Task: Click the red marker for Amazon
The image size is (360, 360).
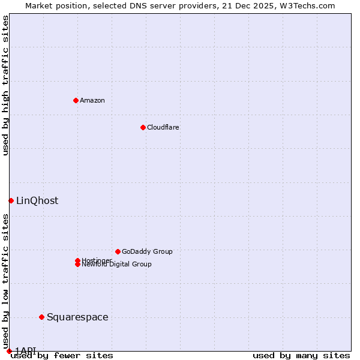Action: point(76,100)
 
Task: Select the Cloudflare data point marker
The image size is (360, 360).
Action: point(143,127)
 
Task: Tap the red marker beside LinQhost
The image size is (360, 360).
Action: point(11,200)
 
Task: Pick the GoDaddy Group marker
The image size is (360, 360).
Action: point(118,251)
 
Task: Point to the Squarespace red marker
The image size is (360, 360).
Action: point(41,317)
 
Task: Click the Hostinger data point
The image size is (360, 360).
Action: point(77,260)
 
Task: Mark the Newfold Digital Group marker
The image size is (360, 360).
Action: point(77,265)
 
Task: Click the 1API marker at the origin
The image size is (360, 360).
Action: point(9,351)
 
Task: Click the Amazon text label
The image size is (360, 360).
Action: point(92,100)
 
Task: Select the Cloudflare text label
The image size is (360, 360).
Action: point(163,127)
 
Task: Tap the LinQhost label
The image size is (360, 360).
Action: point(37,200)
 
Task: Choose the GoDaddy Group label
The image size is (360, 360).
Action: point(147,251)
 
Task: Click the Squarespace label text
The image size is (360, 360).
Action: point(77,317)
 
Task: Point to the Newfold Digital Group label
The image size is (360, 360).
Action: point(117,265)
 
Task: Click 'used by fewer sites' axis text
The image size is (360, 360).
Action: point(62,355)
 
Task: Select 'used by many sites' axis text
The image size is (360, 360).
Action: point(301,355)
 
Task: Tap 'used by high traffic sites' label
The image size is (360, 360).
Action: point(5,85)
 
